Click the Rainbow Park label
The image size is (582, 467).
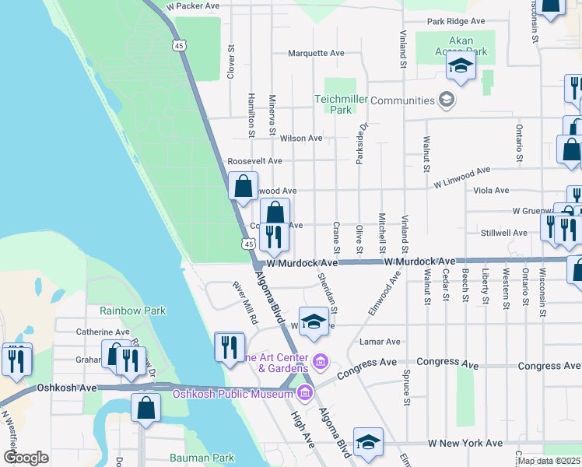pos(132,311)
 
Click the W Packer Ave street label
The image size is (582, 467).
pos(193,5)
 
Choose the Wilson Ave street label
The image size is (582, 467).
pos(301,139)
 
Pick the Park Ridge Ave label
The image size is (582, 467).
pos(456,21)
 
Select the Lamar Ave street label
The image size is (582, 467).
pos(380,342)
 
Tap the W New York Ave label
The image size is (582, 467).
pos(465,443)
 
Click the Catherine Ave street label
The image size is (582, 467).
pos(102,332)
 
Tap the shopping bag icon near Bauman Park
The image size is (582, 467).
pos(145,407)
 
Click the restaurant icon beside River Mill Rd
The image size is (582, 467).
pos(229,346)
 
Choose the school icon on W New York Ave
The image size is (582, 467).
pos(368,442)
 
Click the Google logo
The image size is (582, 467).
pos(26,458)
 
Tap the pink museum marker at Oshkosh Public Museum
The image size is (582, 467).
pos(304,391)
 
